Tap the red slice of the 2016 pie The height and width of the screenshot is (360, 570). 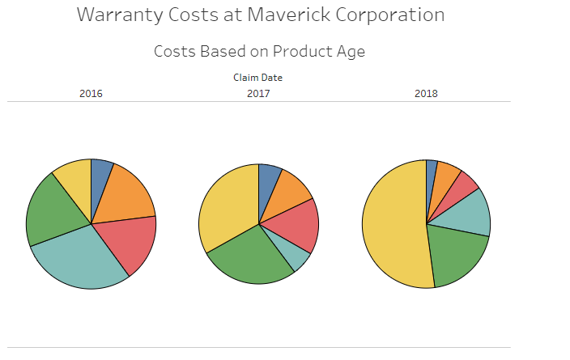tap(128, 244)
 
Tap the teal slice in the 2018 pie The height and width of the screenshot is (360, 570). tap(469, 214)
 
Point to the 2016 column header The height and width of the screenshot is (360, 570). tap(91, 94)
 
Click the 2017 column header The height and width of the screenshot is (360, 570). tap(258, 94)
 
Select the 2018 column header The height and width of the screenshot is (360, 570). tap(426, 94)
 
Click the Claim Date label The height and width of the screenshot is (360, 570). tap(257, 78)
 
